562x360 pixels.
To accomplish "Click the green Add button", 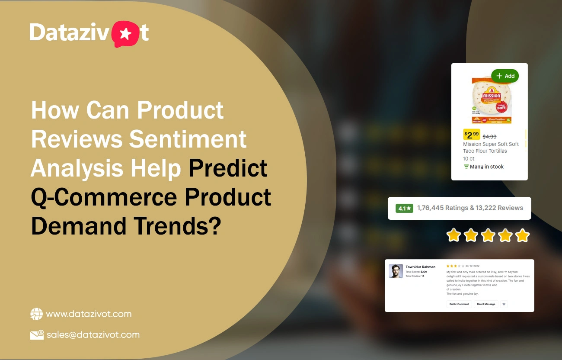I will pos(505,76).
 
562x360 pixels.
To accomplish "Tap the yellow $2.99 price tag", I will pos(472,135).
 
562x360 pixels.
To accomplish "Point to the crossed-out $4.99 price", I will pos(489,136).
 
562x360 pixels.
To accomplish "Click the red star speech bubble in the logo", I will pos(125,34).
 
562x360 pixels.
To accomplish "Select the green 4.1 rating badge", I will pos(404,208).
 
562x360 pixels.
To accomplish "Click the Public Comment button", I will pos(459,304).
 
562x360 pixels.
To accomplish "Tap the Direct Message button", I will pos(486,304).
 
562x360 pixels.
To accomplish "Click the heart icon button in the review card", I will pos(504,304).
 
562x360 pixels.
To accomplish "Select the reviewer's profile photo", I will pos(396,271).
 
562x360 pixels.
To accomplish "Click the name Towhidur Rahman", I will pos(420,267).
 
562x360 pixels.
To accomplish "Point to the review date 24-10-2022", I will pos(472,266).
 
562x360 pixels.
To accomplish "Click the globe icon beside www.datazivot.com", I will pos(37,314).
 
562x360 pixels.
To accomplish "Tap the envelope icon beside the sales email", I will pos(37,334).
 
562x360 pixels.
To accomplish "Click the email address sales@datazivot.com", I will pos(93,334).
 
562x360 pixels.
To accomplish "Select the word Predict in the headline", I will pos(228,168).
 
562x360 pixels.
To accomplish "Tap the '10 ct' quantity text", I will pos(469,159).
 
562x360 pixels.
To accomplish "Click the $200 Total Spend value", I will pos(424,272).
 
